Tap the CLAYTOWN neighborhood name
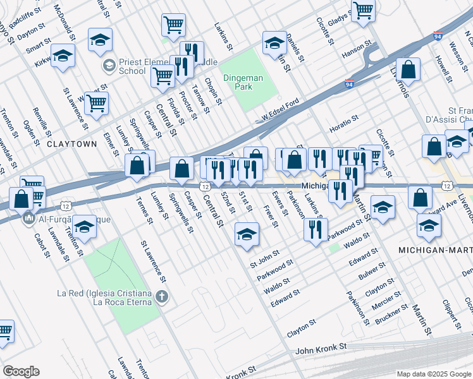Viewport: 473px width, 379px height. point(72,144)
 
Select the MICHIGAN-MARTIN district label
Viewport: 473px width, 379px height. point(435,251)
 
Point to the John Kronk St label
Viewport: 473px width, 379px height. point(321,347)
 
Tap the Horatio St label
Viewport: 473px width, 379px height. point(343,119)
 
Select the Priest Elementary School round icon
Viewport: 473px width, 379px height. point(109,65)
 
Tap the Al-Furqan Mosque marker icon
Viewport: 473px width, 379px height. point(28,220)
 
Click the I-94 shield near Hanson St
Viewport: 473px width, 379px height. point(349,83)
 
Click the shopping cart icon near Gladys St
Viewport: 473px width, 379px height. point(363,10)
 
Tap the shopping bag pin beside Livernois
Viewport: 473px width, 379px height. point(409,71)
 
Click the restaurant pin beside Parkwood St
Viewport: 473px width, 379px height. point(315,231)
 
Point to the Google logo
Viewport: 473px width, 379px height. point(21,371)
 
